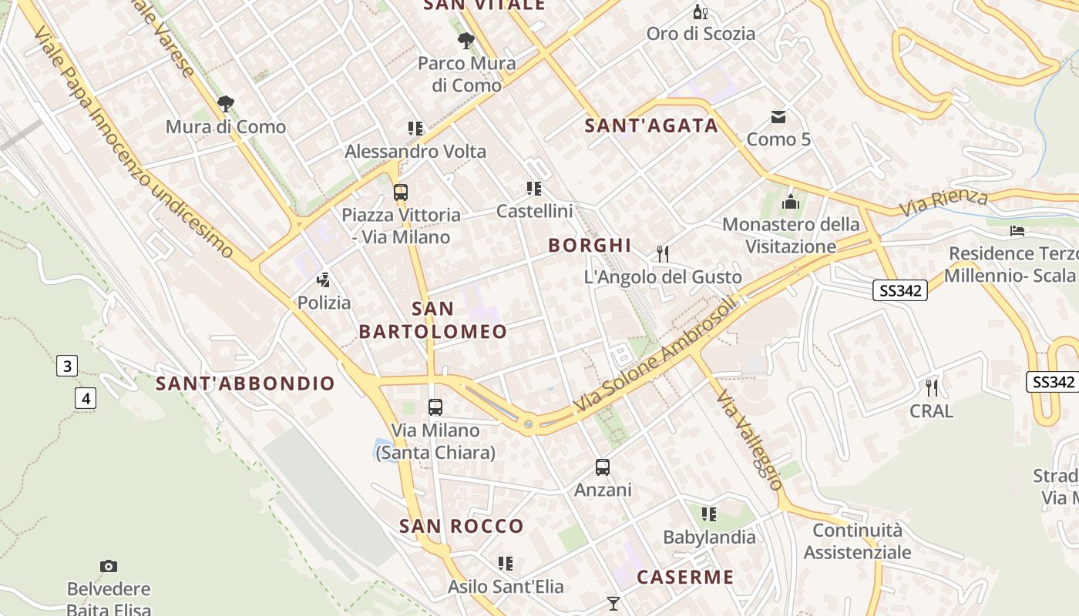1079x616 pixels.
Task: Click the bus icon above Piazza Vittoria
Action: (x=400, y=192)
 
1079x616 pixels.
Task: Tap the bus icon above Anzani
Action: (x=603, y=467)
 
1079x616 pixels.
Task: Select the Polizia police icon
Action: (x=324, y=280)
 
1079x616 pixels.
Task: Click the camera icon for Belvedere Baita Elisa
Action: (x=109, y=567)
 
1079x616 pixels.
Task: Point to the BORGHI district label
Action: (x=590, y=246)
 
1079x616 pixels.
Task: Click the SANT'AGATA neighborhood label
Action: (x=651, y=126)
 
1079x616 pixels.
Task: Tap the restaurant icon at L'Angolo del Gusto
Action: (x=662, y=253)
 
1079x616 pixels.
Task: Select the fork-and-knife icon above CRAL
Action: (x=932, y=387)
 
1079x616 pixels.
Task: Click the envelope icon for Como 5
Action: (x=778, y=117)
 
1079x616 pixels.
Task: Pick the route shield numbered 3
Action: (x=67, y=366)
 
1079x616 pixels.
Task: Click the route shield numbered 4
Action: (x=86, y=398)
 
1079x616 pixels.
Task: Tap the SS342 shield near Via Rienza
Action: (x=899, y=290)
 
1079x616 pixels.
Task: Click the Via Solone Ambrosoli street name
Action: (x=655, y=355)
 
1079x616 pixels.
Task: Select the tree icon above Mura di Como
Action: (x=225, y=104)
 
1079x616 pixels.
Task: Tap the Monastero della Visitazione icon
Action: (x=790, y=203)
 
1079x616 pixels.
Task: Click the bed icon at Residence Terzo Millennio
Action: (x=1017, y=230)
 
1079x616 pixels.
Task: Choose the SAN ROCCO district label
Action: (x=461, y=527)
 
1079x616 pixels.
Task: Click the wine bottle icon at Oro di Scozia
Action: (x=700, y=12)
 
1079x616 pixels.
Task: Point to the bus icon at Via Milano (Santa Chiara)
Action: (x=435, y=407)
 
